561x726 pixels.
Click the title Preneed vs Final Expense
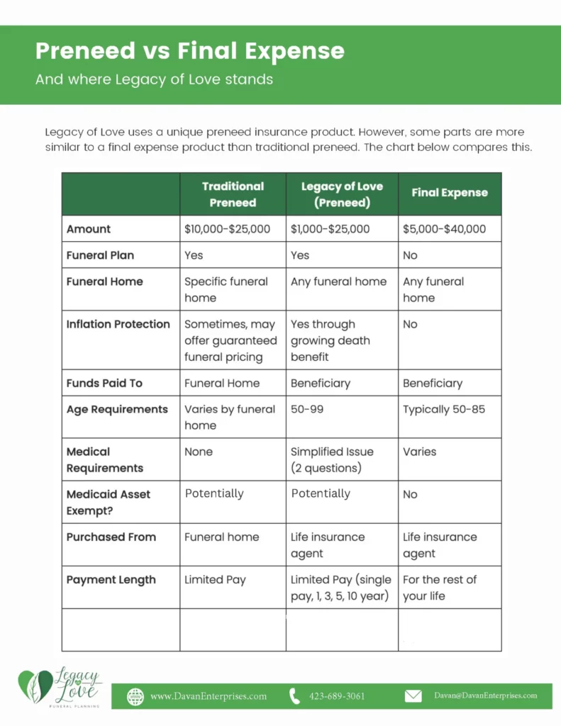(x=190, y=51)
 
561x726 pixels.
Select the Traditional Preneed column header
(x=233, y=194)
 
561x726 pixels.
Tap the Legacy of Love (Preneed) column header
(x=342, y=194)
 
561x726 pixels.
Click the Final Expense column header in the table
(x=450, y=193)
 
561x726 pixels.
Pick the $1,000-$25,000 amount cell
(x=331, y=229)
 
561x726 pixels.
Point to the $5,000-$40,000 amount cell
(x=445, y=229)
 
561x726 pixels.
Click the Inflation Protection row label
(x=118, y=324)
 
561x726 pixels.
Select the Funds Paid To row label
(x=104, y=383)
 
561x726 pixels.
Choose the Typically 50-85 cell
(x=444, y=409)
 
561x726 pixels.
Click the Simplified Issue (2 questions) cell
(x=332, y=459)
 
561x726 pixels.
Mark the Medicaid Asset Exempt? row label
(x=109, y=502)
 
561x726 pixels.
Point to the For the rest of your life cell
(x=440, y=588)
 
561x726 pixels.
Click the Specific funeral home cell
(x=226, y=289)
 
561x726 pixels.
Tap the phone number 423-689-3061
(x=337, y=696)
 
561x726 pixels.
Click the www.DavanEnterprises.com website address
(x=209, y=696)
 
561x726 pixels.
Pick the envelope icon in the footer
(x=413, y=696)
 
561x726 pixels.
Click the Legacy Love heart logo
(x=35, y=686)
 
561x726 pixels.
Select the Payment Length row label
(x=111, y=579)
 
